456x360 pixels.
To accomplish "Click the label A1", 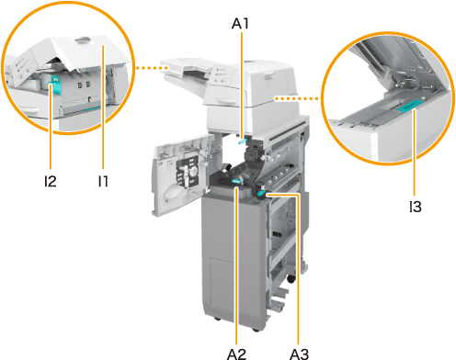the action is click(x=240, y=23).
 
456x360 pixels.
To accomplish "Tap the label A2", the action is click(x=236, y=354).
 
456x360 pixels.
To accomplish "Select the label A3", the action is click(x=299, y=354).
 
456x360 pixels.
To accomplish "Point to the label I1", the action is click(x=103, y=181).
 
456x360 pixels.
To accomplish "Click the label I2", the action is click(x=50, y=181).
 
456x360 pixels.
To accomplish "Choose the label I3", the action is click(x=416, y=207).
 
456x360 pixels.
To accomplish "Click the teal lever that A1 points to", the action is click(x=242, y=141).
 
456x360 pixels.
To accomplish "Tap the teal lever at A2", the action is click(x=236, y=182).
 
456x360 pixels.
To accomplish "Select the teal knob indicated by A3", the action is click(x=261, y=193).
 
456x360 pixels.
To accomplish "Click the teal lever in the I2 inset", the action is click(x=55, y=84).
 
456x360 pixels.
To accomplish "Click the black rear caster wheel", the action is click(x=291, y=279).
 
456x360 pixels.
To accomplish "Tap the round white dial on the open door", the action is click(x=193, y=173).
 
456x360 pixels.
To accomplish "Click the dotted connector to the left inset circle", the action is click(x=151, y=68).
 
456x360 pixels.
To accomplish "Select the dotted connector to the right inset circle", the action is click(x=296, y=98).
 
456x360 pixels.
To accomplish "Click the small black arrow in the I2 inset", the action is click(x=89, y=98).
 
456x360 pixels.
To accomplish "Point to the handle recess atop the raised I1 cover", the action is click(x=82, y=39).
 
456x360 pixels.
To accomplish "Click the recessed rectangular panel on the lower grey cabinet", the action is click(x=221, y=281).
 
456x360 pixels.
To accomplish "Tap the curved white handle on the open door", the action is click(x=173, y=192).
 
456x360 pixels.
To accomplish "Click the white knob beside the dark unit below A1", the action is click(x=265, y=157).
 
